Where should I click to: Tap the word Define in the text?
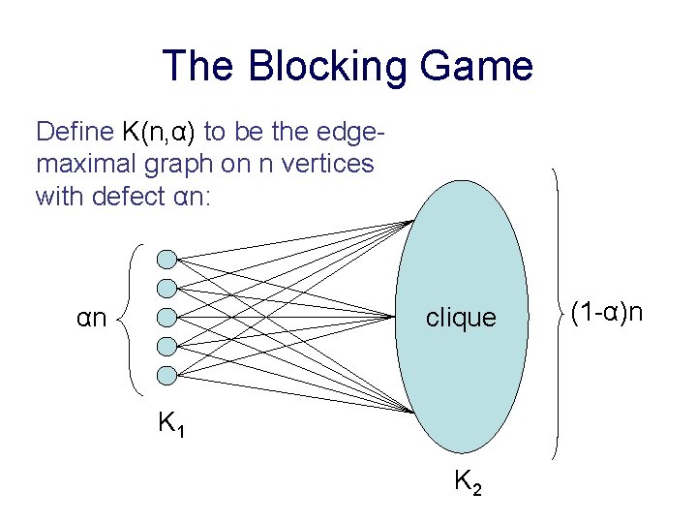75,131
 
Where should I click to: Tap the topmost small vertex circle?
167,259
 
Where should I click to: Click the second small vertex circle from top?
167,288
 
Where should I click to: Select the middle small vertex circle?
167,317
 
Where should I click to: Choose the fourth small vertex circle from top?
167,346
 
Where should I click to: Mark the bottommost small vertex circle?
167,375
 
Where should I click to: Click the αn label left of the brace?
92,317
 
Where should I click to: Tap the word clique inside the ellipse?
461,318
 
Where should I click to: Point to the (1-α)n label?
607,312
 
